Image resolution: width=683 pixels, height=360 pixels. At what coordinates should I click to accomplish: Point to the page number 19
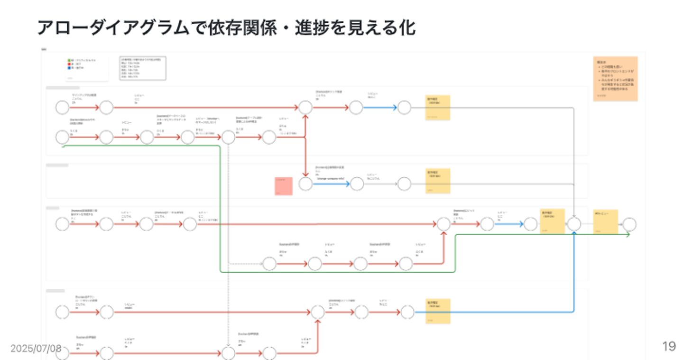[669, 347]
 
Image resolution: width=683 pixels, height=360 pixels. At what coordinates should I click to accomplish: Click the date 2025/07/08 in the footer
[36, 349]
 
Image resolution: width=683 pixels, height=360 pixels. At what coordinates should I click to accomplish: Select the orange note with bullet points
[615, 79]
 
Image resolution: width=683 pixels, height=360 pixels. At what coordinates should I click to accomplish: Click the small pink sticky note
[284, 185]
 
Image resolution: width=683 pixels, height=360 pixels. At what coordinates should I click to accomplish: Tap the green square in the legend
[69, 61]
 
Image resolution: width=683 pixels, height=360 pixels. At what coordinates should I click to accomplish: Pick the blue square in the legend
[69, 68]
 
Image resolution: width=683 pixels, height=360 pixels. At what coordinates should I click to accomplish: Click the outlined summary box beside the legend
[143, 68]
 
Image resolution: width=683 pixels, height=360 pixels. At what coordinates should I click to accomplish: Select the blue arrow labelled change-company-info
[331, 184]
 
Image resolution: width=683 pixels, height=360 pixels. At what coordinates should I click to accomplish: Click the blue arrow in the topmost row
[379, 108]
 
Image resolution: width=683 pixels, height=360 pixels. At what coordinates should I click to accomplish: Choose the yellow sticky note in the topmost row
[438, 108]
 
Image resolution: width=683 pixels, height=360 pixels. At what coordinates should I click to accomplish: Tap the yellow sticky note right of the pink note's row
[438, 181]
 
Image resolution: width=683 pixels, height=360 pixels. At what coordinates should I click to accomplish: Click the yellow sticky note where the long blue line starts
[438, 311]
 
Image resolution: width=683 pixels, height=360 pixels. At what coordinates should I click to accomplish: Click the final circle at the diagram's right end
[630, 224]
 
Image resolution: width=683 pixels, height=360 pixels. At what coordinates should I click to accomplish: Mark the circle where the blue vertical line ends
[574, 224]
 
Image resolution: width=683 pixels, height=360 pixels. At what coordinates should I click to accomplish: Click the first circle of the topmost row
[62, 108]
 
